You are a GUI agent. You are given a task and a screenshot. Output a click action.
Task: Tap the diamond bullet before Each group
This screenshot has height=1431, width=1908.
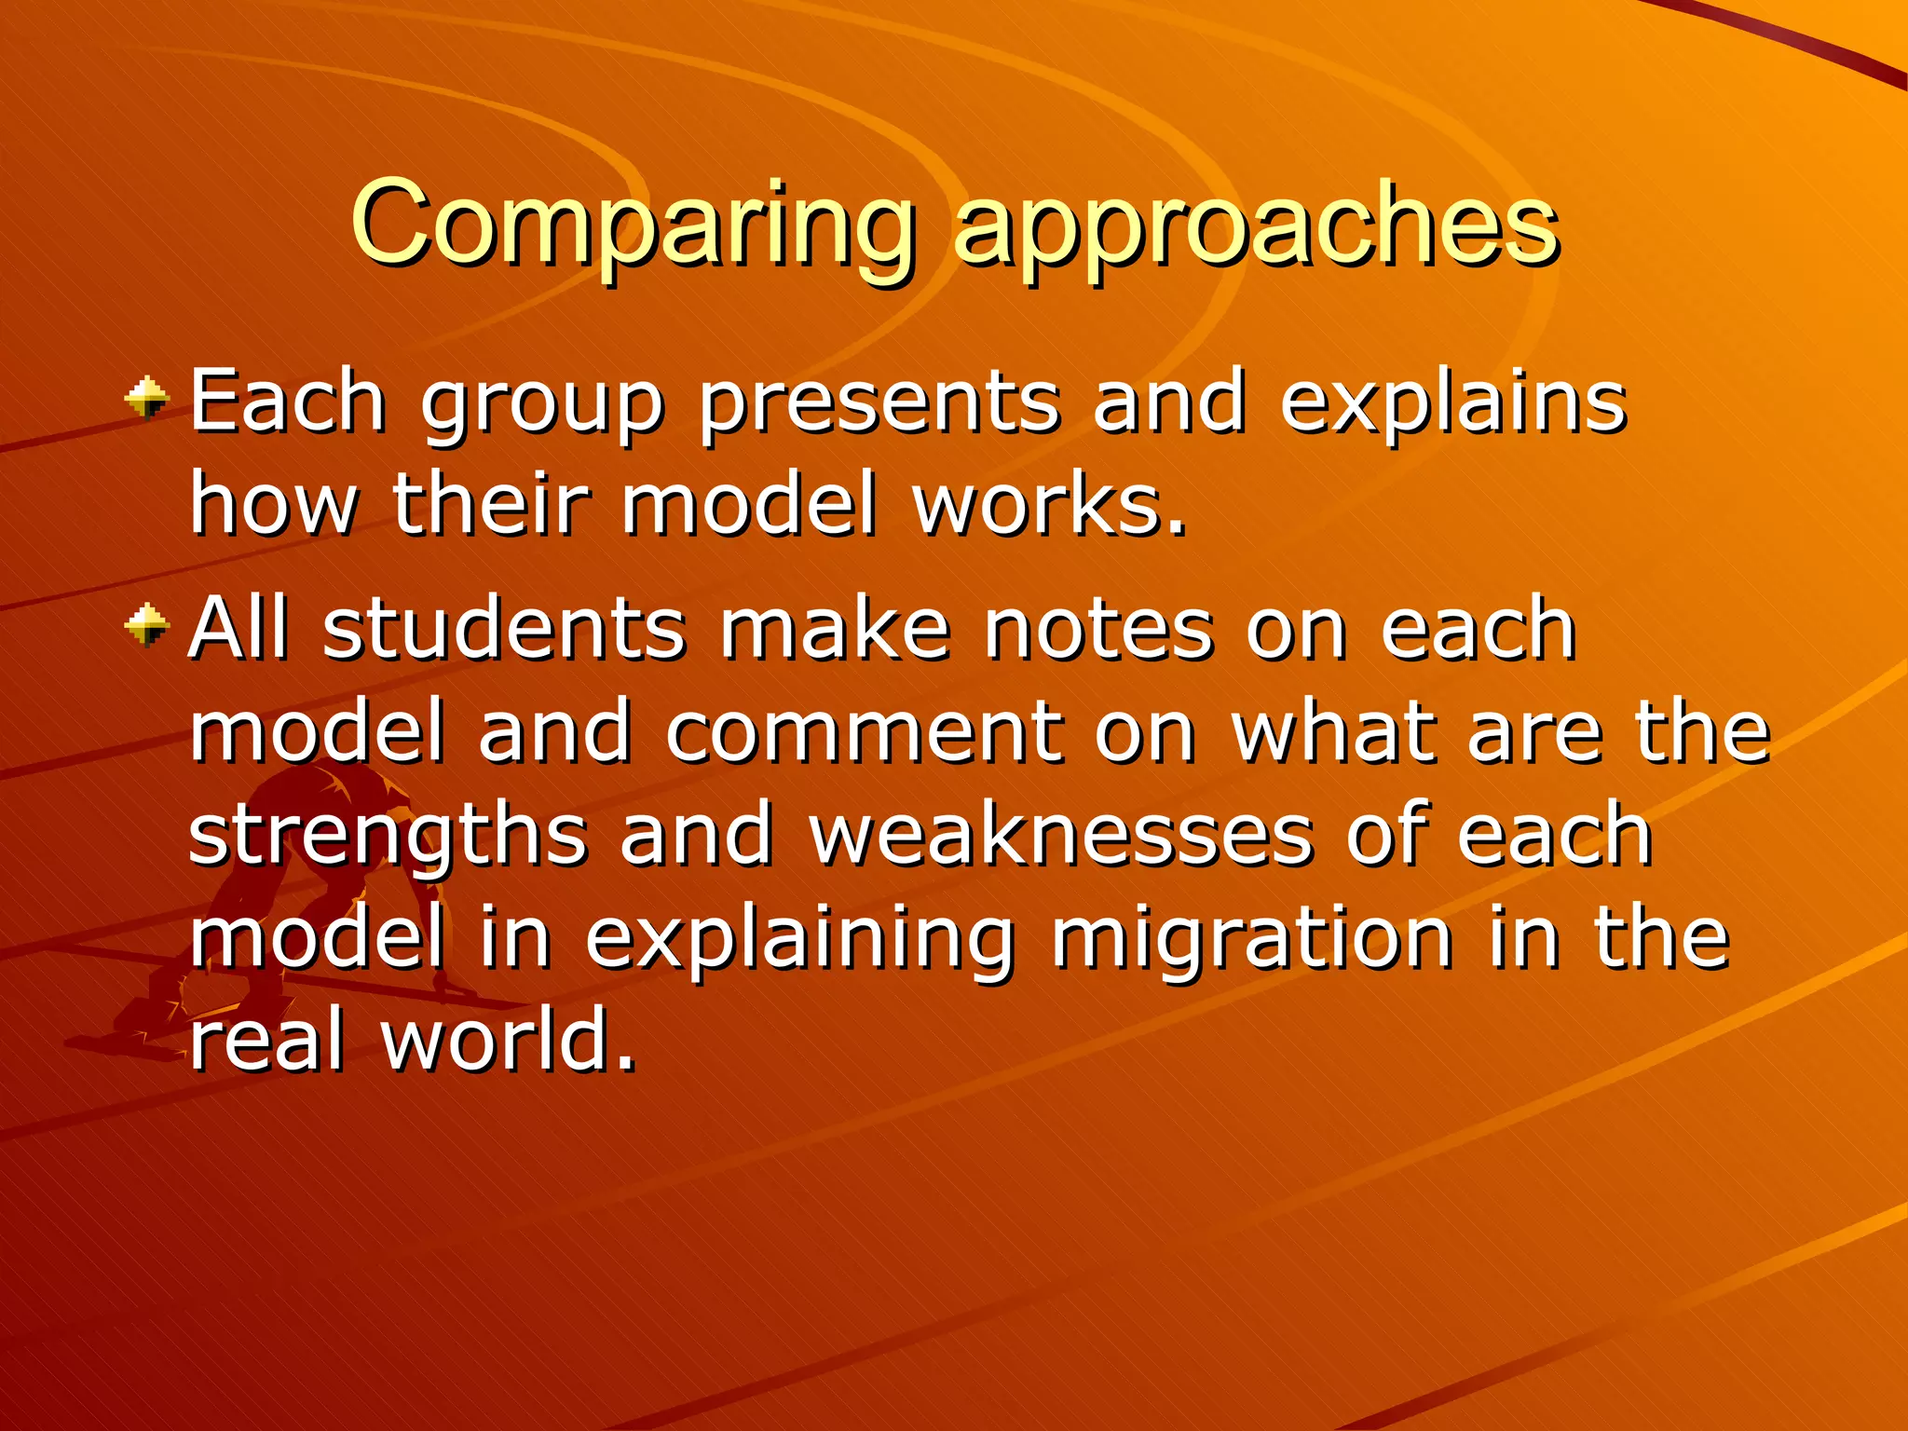(x=147, y=399)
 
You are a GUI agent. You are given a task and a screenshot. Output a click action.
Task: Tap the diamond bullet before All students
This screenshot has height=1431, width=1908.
(x=147, y=625)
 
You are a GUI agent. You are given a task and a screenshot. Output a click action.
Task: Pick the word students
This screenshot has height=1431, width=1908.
(x=504, y=630)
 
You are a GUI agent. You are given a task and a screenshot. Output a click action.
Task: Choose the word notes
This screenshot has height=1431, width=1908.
(x=1099, y=630)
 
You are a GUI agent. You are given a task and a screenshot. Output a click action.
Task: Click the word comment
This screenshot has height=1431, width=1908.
(x=864, y=732)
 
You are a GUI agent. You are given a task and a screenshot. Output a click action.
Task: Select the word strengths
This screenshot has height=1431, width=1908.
(x=387, y=836)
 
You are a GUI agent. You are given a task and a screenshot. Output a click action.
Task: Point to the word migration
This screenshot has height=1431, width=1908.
(x=1252, y=938)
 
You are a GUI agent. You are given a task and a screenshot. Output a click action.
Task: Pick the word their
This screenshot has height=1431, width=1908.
(x=491, y=506)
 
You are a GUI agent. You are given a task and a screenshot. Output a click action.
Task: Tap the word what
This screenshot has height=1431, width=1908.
(x=1333, y=732)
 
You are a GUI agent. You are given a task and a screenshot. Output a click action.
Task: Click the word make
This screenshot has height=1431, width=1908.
(x=835, y=630)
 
